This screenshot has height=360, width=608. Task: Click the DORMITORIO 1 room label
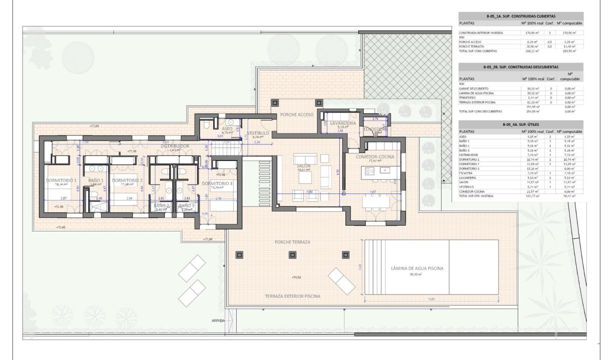61,180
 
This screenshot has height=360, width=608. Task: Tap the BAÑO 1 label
96,180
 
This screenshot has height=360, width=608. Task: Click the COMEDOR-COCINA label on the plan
375,157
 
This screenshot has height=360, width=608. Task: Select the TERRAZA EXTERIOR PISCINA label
292,296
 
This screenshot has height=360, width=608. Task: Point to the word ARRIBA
218,320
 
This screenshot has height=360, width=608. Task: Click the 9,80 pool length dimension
431,299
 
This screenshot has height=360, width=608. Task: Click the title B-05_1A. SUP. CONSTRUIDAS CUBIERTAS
521,16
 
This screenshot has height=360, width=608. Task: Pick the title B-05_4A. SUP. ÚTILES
521,124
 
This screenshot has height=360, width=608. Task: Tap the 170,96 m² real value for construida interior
529,33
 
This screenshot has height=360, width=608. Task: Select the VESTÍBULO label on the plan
258,133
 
